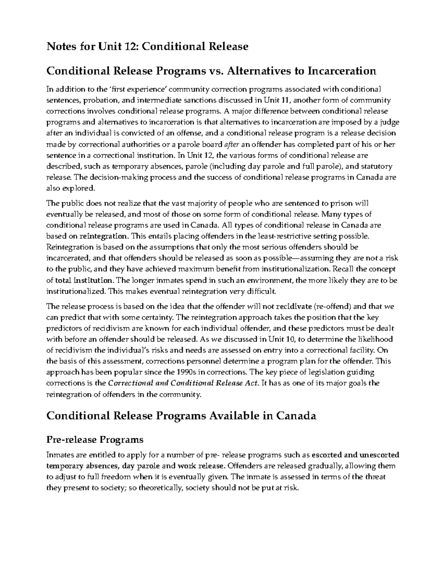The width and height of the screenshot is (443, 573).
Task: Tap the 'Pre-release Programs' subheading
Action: coord(95,439)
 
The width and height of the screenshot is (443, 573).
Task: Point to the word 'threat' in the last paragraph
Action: coord(375,476)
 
